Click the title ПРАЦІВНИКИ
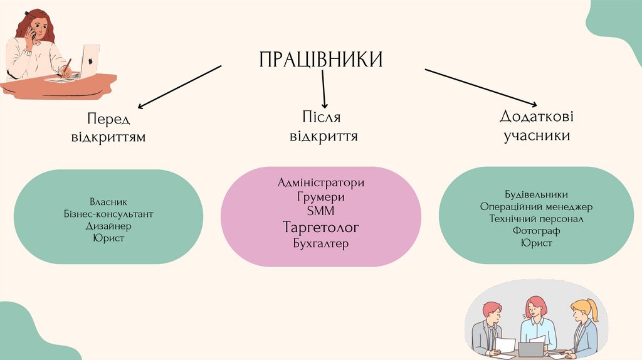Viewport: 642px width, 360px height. (x=320, y=60)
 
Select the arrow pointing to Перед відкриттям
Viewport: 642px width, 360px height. (x=180, y=87)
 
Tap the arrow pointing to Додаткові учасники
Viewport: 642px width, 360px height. (x=481, y=87)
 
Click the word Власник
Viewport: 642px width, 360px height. (x=108, y=202)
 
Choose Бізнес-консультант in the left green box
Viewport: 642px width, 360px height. (x=108, y=214)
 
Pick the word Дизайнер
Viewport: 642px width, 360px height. (x=108, y=226)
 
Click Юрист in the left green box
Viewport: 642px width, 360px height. (x=108, y=238)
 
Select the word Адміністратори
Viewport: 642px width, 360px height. (x=320, y=183)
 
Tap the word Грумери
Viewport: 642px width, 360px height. (x=320, y=197)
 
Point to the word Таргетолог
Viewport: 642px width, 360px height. (x=320, y=226)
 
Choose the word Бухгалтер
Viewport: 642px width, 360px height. (x=320, y=243)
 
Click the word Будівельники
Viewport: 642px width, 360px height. (x=536, y=194)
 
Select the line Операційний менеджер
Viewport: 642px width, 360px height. (x=536, y=206)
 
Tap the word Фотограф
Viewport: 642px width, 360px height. (x=536, y=231)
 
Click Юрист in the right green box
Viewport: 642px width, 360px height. (x=536, y=243)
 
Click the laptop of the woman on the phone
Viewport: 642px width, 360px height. (x=88, y=61)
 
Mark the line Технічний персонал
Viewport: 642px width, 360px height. (x=536, y=219)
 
